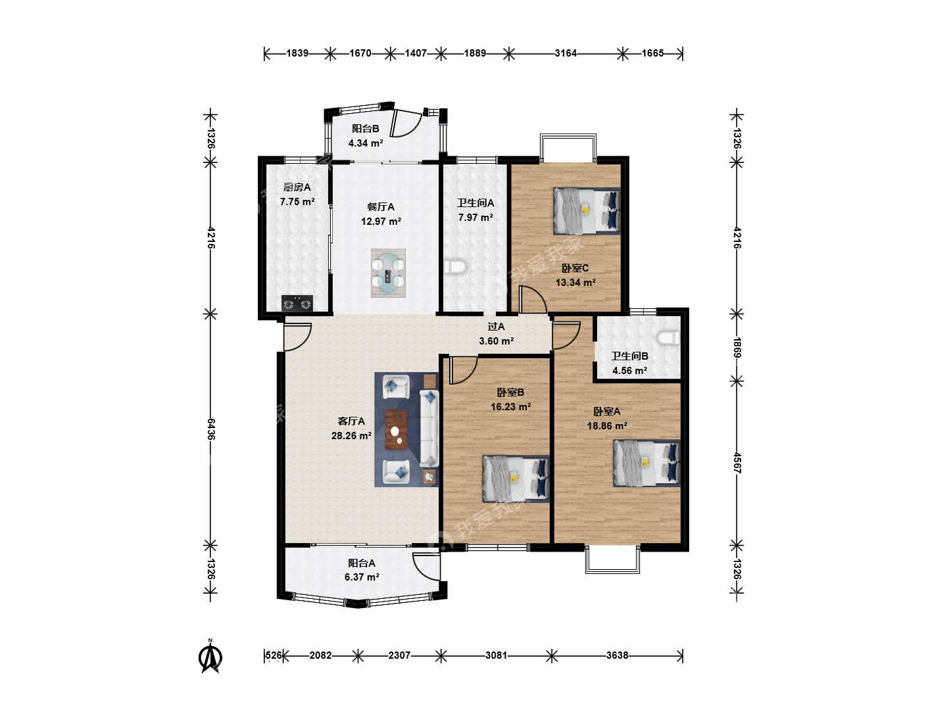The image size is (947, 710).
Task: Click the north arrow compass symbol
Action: pyautogui.click(x=210, y=657)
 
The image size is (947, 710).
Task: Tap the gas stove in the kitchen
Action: pyautogui.click(x=297, y=303)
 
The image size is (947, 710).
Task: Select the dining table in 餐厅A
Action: pyautogui.click(x=388, y=273)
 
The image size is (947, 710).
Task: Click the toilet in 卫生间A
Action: pyautogui.click(x=455, y=267)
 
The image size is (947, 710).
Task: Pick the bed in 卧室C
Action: pyautogui.click(x=587, y=211)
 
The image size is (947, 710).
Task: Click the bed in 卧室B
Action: pyautogui.click(x=516, y=479)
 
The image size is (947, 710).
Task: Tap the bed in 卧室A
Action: pyautogui.click(x=646, y=463)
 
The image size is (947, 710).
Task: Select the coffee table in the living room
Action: pyautogui.click(x=396, y=430)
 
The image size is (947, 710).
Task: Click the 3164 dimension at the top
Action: pyautogui.click(x=566, y=53)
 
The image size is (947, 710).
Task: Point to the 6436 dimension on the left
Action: pyautogui.click(x=210, y=429)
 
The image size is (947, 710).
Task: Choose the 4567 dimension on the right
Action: pyautogui.click(x=737, y=463)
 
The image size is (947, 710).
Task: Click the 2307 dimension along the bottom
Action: pyautogui.click(x=399, y=655)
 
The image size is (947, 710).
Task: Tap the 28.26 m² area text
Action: pyautogui.click(x=351, y=435)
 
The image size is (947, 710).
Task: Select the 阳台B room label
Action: pyautogui.click(x=366, y=128)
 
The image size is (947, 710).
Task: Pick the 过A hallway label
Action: pyautogui.click(x=496, y=327)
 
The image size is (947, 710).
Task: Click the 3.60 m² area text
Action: pyautogui.click(x=496, y=341)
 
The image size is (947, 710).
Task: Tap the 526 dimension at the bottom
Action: pyautogui.click(x=274, y=655)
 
